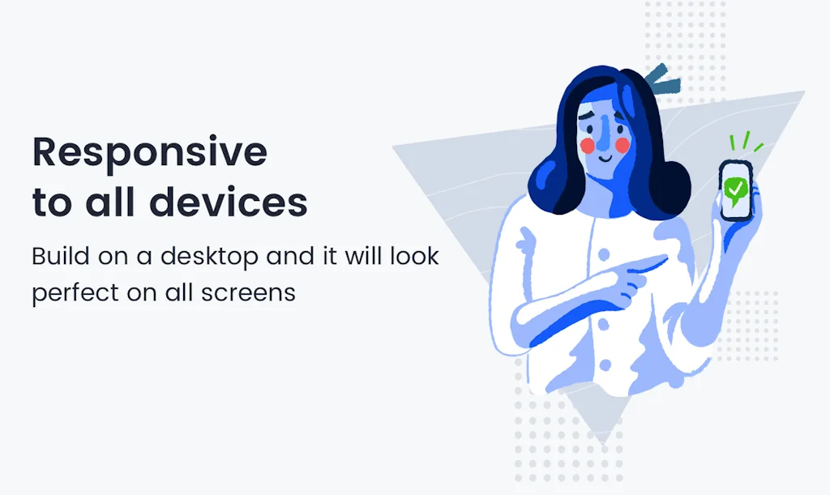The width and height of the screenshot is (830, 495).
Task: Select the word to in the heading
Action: (52, 203)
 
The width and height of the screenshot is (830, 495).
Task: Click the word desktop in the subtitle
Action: (210, 258)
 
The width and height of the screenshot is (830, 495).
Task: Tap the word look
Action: (415, 256)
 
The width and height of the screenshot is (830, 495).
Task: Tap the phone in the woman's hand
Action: (736, 190)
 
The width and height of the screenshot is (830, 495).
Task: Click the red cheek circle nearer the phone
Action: (622, 146)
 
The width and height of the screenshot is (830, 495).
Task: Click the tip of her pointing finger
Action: (666, 258)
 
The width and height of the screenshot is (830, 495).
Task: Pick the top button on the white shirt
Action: (604, 255)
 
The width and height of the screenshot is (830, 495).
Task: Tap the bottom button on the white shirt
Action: (605, 365)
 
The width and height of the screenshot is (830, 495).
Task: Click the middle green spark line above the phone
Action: (746, 139)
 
